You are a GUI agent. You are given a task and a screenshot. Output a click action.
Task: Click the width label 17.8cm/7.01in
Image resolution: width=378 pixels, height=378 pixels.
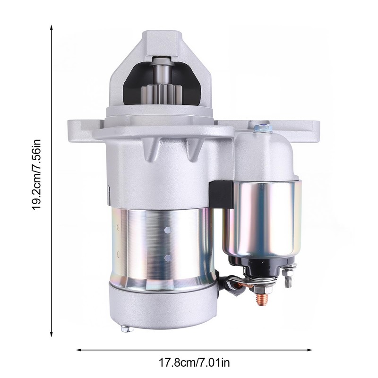pyautogui.click(x=194, y=362)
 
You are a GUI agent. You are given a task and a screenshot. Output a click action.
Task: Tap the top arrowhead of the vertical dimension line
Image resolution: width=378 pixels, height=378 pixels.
pyautogui.click(x=51, y=27)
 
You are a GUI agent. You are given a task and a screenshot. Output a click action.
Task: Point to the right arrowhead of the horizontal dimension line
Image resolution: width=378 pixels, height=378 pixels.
pyautogui.click(x=309, y=350)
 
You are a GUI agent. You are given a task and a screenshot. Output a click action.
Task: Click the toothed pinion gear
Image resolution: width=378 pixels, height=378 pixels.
pyautogui.click(x=161, y=95)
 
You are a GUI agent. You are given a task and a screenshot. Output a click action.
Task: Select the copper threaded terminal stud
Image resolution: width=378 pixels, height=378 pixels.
pyautogui.click(x=261, y=299)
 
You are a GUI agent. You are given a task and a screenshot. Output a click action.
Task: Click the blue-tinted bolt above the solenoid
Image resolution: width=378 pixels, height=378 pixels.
pyautogui.click(x=263, y=128)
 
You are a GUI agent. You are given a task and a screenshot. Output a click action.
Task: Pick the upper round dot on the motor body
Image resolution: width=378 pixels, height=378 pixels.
pyautogui.click(x=168, y=230)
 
